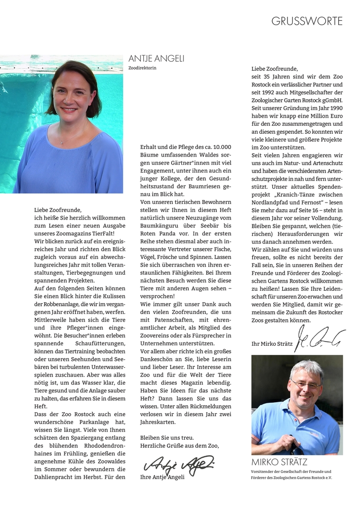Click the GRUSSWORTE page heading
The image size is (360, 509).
[x=307, y=21]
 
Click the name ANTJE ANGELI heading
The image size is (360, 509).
[x=156, y=59]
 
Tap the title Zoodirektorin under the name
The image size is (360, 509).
[x=142, y=68]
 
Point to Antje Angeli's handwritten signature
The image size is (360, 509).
[x=179, y=463]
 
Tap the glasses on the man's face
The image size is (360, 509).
[x=306, y=384]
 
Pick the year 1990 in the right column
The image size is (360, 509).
[x=333, y=108]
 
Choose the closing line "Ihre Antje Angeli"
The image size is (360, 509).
[x=162, y=477]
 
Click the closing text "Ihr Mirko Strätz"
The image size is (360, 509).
[x=272, y=344]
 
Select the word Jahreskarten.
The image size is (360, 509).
[x=158, y=422]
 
